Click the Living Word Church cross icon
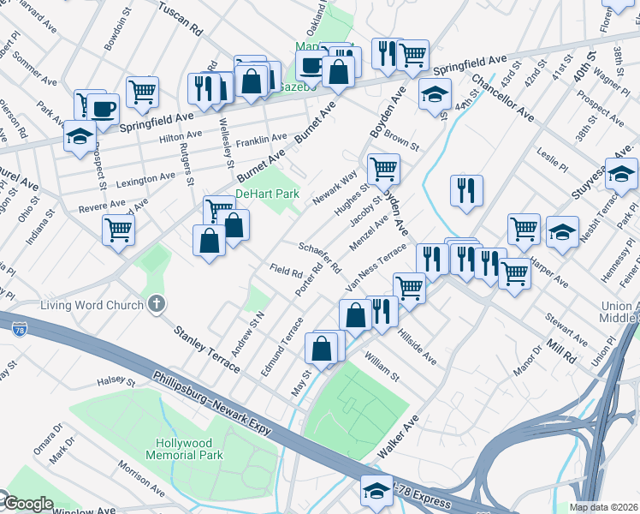tap(156, 304)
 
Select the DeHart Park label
tap(267, 194)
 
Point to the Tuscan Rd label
tap(179, 17)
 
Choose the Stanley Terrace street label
tap(206, 348)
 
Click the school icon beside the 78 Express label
tap(375, 491)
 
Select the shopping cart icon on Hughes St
tap(383, 168)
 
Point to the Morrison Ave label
tap(141, 479)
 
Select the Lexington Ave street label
tap(145, 179)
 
